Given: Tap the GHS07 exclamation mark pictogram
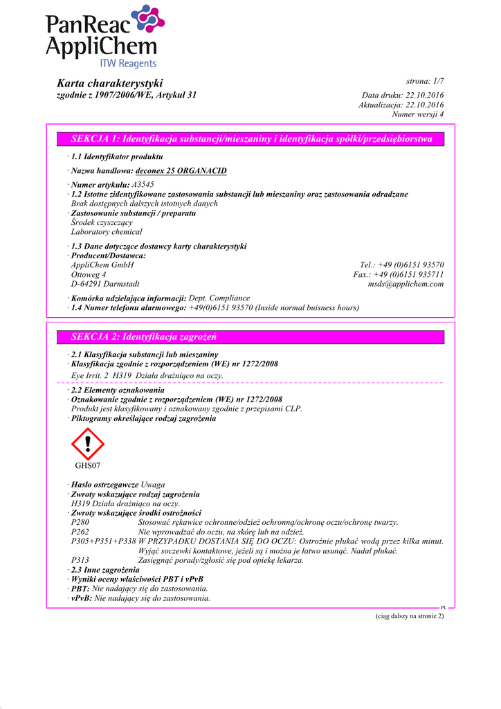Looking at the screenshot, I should click(x=88, y=444).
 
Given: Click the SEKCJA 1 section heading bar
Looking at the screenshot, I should click(x=252, y=139).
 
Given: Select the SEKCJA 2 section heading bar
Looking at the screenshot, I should click(x=252, y=337).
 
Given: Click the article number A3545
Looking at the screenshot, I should click(x=143, y=185).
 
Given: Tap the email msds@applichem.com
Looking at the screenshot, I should click(x=406, y=284).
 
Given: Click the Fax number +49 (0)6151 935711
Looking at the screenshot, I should click(x=399, y=274).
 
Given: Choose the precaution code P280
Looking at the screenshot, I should click(x=80, y=522).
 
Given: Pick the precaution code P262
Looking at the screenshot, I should click(x=80, y=532).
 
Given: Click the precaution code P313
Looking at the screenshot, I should click(x=80, y=560).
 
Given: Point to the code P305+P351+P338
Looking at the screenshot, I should click(x=103, y=541).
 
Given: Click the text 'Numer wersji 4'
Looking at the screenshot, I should click(x=418, y=114).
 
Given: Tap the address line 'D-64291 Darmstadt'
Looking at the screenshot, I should click(x=105, y=284).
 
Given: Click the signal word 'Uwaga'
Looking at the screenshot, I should click(x=153, y=484).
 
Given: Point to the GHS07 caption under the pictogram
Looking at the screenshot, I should click(x=88, y=465).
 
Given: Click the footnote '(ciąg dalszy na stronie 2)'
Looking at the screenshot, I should click(x=405, y=616).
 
